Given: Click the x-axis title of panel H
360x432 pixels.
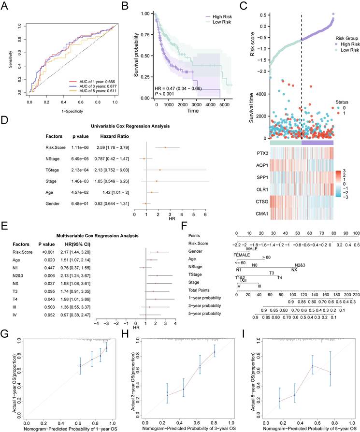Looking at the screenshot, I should tap(184, 428).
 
